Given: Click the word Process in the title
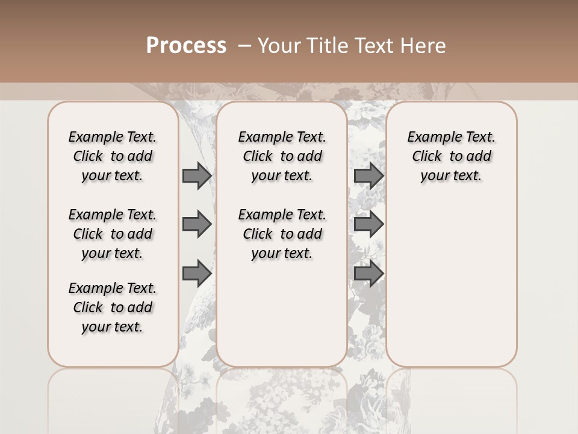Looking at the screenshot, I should click(x=186, y=46).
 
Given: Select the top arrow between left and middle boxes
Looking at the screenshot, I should click(x=197, y=175).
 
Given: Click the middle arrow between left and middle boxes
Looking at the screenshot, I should click(x=197, y=224).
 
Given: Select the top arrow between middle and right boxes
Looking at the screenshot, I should click(x=368, y=175).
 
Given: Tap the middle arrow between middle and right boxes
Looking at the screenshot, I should click(x=368, y=224).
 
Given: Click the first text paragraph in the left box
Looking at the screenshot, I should click(x=113, y=156).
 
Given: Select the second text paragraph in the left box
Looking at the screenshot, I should click(x=113, y=234).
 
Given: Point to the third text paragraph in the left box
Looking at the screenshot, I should click(x=113, y=307).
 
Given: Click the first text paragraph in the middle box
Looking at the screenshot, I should click(x=282, y=156).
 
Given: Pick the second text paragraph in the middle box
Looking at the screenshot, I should click(x=282, y=234).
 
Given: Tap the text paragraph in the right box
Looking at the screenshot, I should click(x=451, y=156).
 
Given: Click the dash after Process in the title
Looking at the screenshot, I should click(x=244, y=46).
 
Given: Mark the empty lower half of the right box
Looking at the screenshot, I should click(x=451, y=289).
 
